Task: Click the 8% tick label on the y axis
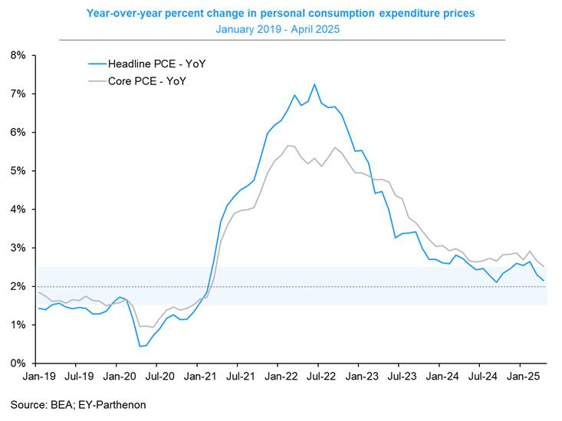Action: point(18,56)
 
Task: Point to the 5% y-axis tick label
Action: point(18,171)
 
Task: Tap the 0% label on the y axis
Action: point(18,363)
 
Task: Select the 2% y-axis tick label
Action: point(18,287)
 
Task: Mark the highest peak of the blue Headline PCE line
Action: point(314,84)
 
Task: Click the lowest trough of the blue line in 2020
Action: point(140,346)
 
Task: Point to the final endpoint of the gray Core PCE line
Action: point(544,266)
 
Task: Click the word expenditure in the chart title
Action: point(391,13)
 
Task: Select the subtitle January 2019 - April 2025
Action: point(281,28)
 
